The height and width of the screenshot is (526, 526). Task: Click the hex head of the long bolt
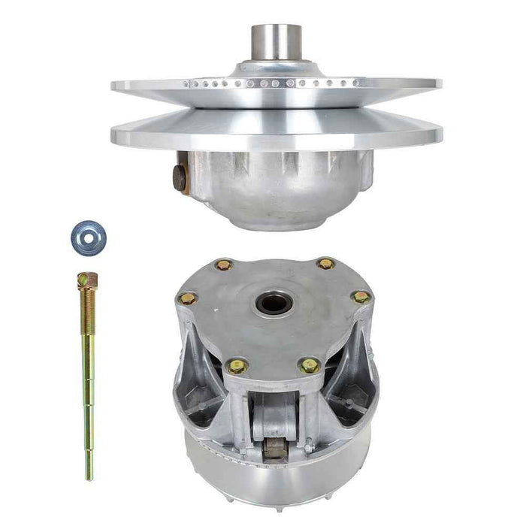click(x=86, y=280)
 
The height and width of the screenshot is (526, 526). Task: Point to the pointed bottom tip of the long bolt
click(x=89, y=476)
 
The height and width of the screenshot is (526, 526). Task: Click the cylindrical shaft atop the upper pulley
click(x=276, y=44)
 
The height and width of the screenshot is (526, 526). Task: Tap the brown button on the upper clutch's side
click(x=181, y=179)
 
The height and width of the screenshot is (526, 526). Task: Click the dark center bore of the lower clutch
click(x=275, y=303)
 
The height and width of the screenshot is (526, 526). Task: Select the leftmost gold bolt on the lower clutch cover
click(x=188, y=298)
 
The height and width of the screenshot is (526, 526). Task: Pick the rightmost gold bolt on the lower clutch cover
click(x=361, y=297)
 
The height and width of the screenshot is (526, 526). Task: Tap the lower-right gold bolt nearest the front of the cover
click(x=309, y=365)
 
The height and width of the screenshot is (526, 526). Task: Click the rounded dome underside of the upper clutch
click(x=278, y=192)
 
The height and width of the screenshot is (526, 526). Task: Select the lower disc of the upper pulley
click(x=277, y=134)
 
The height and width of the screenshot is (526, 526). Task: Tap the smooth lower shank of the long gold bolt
click(x=88, y=421)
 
